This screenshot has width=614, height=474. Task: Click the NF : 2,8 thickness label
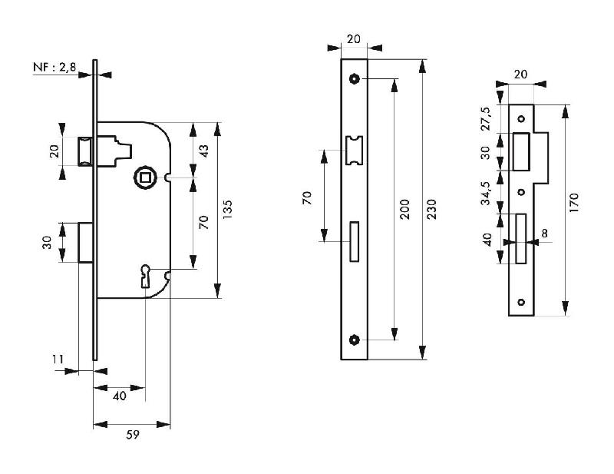point(54,68)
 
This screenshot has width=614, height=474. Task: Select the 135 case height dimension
point(228,210)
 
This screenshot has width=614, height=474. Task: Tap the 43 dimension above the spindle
point(203,151)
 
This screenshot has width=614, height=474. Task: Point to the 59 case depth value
point(132,435)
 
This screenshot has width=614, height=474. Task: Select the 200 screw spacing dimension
point(404,210)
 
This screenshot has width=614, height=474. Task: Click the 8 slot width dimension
point(543,231)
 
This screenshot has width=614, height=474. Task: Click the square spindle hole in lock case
point(144,177)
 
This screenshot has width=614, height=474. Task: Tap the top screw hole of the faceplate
point(355,78)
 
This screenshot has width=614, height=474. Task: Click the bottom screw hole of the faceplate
point(355,340)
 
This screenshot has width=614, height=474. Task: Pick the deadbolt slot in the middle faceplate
point(355,241)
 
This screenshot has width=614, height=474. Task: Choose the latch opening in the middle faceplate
point(355,150)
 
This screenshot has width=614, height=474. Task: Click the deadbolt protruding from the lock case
point(86,242)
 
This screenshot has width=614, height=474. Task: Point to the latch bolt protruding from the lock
point(86,150)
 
